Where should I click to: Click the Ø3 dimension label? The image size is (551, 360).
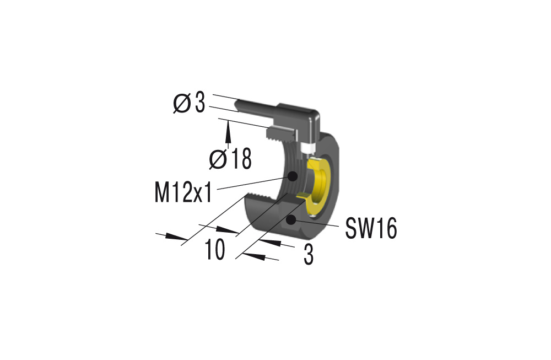coord(189,104)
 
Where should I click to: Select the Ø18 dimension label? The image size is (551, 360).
coord(230,160)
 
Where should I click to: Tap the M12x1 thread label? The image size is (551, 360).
coord(185,192)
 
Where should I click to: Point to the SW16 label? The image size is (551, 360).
coord(371,228)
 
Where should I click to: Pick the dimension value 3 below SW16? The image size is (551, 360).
coord(309,255)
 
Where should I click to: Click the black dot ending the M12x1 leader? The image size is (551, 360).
coord(293,176)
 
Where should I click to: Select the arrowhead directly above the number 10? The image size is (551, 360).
coord(227,230)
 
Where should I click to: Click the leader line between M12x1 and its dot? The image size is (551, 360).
coord(253,183)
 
